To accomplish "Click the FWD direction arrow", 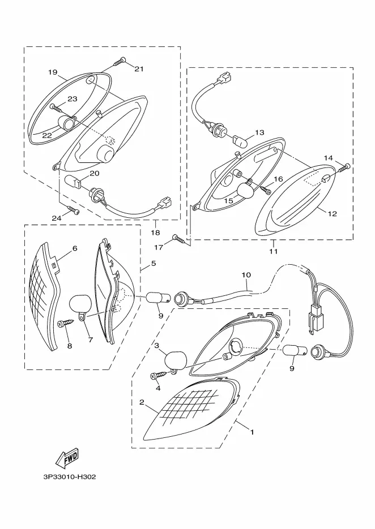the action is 67,458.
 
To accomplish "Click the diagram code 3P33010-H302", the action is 70,477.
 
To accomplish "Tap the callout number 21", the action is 139,69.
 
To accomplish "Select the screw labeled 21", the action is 120,62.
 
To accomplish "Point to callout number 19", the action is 52,72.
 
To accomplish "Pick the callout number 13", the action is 259,132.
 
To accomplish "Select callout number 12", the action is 333,213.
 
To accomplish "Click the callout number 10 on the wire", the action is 246,275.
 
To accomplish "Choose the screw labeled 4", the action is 159,374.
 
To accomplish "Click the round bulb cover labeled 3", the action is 176,360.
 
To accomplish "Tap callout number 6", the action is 75,248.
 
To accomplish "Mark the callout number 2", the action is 142,402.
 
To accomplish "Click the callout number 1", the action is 252,432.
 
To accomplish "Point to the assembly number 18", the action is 156,233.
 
